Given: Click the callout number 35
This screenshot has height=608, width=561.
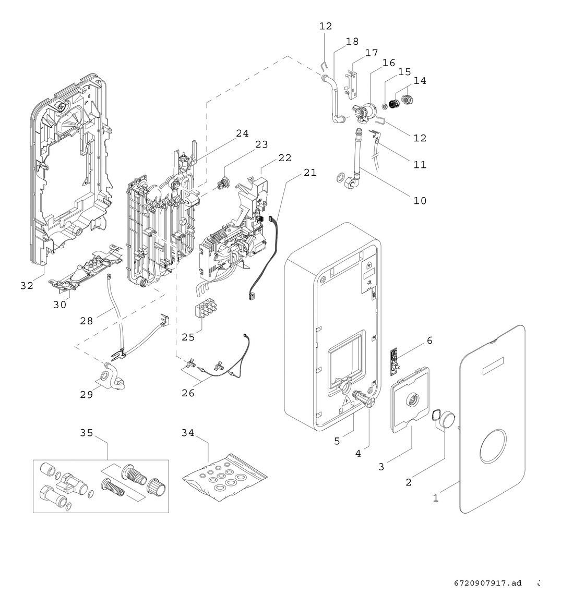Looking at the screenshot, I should click(87, 433).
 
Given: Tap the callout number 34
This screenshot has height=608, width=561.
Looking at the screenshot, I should click(188, 433).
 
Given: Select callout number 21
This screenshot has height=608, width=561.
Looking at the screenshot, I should click(310, 172).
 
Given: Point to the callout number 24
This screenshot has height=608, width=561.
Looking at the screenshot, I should click(242, 133).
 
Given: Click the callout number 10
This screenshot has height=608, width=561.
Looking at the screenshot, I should click(420, 200).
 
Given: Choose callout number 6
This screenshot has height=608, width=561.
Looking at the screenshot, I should click(429, 341).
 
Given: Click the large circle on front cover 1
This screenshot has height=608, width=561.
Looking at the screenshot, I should click(493, 447).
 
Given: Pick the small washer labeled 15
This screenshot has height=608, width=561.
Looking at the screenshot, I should click(385, 107).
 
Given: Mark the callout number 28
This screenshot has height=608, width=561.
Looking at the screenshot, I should click(87, 321).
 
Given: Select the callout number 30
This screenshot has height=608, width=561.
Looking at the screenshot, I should click(60, 305).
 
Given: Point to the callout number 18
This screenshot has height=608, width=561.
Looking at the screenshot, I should click(352, 41).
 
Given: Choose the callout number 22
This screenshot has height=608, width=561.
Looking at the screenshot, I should click(285, 157).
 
